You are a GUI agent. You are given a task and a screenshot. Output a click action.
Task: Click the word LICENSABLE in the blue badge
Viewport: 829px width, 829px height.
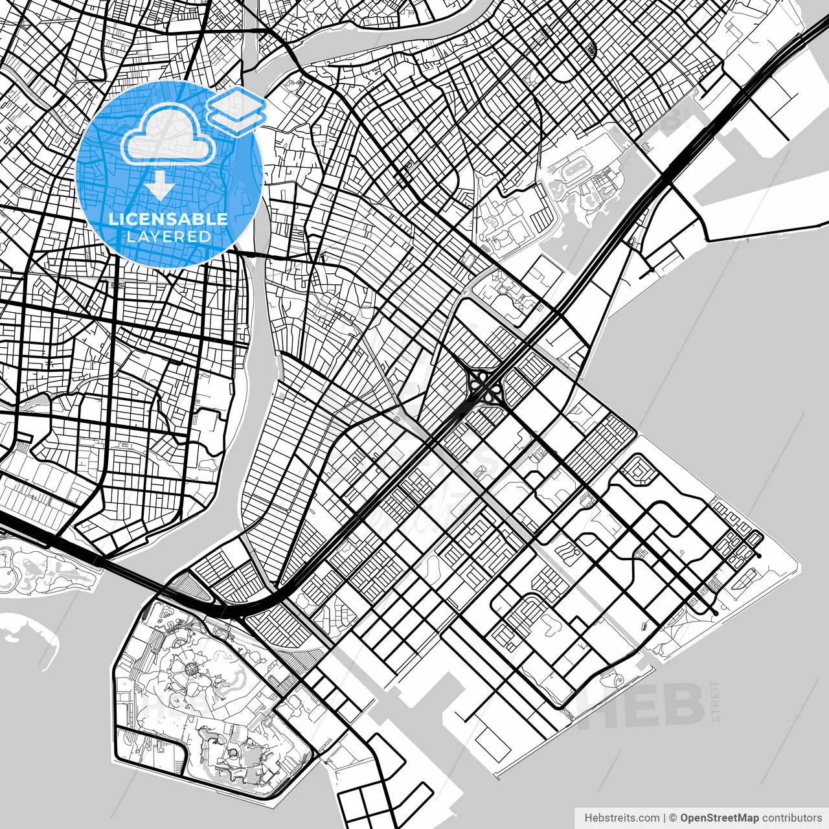point(168,219)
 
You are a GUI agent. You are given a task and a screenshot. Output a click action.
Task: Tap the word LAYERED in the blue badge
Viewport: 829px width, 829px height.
point(168,236)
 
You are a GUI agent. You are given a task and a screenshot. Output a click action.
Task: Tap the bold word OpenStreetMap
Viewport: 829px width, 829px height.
point(720,818)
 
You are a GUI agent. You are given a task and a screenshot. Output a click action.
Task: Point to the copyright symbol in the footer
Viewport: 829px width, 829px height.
point(673,818)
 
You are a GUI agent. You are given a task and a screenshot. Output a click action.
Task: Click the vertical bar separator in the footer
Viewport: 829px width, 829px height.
point(665,818)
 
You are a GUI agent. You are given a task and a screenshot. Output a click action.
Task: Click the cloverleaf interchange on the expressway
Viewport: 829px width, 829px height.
point(483,386)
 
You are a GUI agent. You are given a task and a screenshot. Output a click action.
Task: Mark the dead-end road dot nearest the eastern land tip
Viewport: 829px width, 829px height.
point(759,556)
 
